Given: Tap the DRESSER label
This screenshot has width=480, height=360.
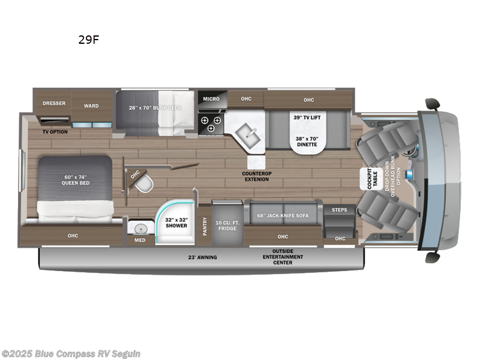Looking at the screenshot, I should pos(53,103).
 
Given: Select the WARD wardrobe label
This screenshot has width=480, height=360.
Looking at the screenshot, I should pos(91,106).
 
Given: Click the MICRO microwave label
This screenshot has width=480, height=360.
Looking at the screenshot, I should pos(211,98).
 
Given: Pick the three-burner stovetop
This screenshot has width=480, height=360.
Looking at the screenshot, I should pos(211,124).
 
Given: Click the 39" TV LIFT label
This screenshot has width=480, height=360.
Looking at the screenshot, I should pos(306,117).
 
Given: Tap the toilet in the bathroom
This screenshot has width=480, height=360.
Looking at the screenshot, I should pos(144,185).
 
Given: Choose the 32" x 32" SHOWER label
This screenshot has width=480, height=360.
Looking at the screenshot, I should pos(176,223).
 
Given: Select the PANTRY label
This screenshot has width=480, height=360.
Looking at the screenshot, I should pos(205,226).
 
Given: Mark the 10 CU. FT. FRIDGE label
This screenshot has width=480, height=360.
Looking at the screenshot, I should pos(227,226).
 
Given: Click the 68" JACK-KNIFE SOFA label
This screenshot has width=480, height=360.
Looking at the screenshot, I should pos(283,215).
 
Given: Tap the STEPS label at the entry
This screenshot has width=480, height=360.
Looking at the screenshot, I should pos(339,210).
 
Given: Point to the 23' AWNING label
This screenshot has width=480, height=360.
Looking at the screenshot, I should pos(202,257).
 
